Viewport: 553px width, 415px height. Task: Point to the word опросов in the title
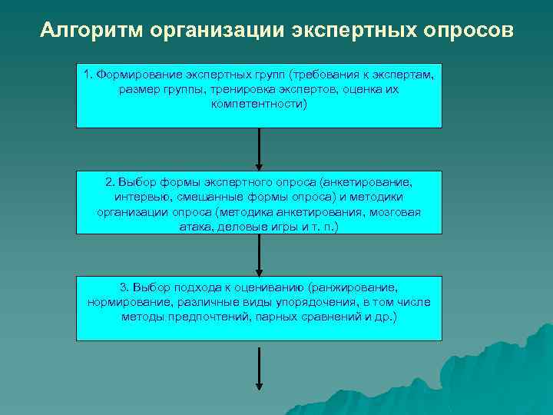[x=467, y=31]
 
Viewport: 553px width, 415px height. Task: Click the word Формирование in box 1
[x=133, y=75]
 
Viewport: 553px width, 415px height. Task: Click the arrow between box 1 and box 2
[x=259, y=149]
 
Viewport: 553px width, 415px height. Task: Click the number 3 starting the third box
[x=124, y=287]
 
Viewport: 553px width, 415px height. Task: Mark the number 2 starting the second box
[x=108, y=182]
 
